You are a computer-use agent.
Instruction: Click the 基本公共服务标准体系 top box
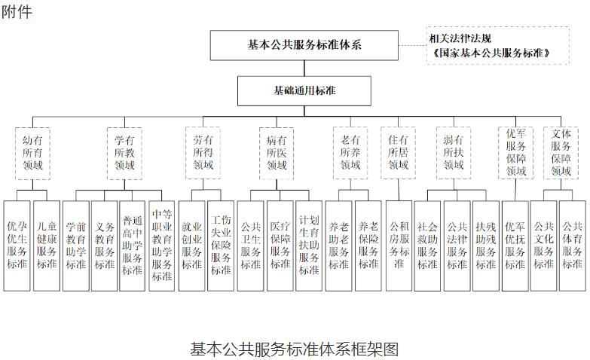(x=304, y=44)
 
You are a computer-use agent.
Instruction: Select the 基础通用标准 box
(x=304, y=90)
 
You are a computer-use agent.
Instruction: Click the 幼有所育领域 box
(x=32, y=153)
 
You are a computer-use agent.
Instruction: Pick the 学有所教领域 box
(x=124, y=153)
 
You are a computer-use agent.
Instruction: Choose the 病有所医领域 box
(x=277, y=153)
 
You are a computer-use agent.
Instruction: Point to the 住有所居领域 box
(x=398, y=153)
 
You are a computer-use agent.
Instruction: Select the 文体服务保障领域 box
(x=561, y=153)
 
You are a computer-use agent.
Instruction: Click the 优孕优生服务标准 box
(x=17, y=244)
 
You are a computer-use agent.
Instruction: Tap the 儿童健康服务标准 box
(x=46, y=244)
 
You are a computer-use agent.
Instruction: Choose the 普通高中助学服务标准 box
(x=133, y=244)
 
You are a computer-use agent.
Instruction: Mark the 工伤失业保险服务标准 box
(x=220, y=244)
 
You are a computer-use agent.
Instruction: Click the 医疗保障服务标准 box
(x=280, y=244)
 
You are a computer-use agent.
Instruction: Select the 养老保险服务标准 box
(x=368, y=244)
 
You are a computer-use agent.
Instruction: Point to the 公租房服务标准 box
(x=399, y=244)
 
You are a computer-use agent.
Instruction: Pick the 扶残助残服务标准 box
(x=485, y=244)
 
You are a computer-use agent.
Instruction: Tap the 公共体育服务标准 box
(x=572, y=244)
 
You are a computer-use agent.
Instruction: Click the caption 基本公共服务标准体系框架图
(x=294, y=349)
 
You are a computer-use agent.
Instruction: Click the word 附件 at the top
(x=17, y=11)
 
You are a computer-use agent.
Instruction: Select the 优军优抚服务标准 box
(x=515, y=244)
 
